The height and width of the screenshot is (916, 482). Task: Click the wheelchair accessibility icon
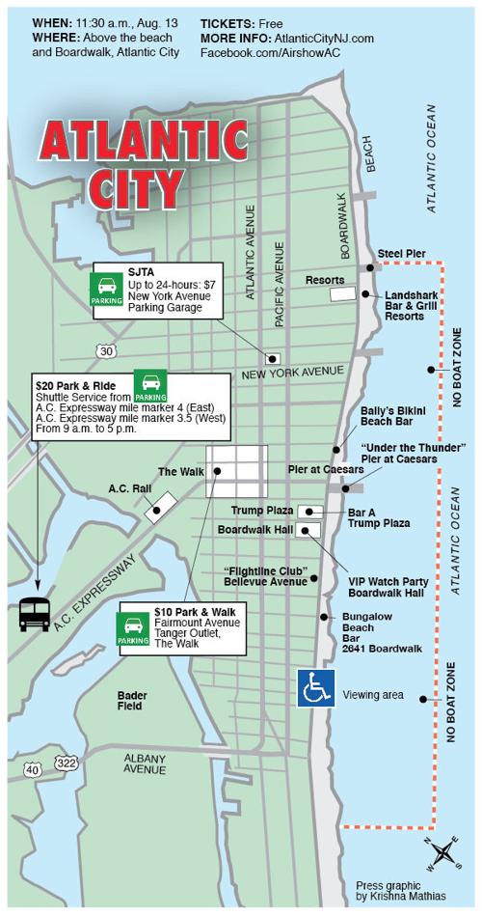point(315,688)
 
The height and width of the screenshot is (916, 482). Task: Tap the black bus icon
point(36,615)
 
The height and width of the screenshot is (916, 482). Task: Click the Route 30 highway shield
point(106,349)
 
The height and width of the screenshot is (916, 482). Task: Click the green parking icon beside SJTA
point(107,289)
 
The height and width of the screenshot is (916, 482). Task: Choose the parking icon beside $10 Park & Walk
point(133,625)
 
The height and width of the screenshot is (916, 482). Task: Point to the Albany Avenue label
point(146,763)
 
